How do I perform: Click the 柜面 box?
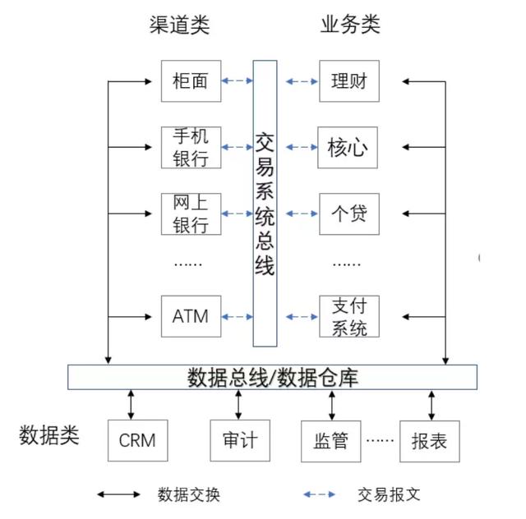click(191, 81)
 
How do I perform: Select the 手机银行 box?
click(191, 147)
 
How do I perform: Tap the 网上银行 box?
click(191, 214)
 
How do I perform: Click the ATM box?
click(191, 316)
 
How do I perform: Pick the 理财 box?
click(348, 81)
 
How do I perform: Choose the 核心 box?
click(348, 148)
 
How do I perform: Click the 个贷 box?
click(348, 214)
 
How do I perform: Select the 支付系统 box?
click(348, 316)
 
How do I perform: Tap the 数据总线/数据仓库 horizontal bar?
click(272, 377)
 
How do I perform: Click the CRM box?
click(137, 440)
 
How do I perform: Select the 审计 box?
click(239, 440)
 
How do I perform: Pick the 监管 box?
click(331, 440)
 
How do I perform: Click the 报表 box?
click(428, 440)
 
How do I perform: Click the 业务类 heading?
click(349, 25)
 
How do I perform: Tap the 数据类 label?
click(48, 434)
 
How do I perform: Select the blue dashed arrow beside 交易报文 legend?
click(319, 494)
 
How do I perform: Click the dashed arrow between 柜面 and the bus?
click(238, 81)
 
